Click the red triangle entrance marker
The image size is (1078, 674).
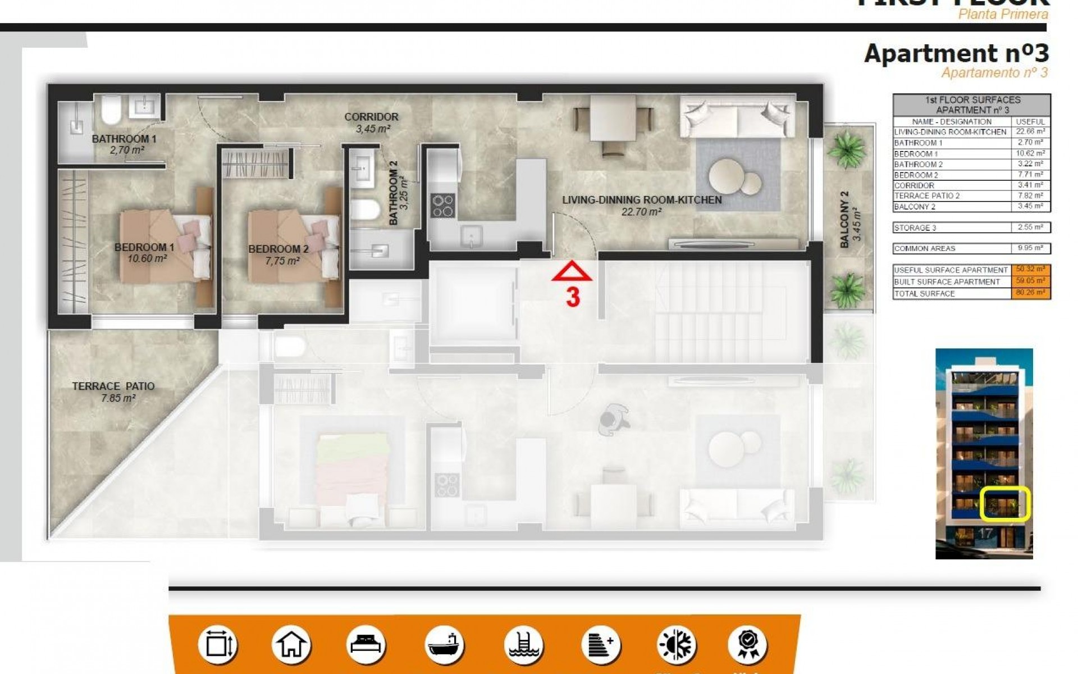(x=572, y=272)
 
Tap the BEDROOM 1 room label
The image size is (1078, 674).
(x=144, y=247)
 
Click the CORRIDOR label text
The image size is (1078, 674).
(x=371, y=117)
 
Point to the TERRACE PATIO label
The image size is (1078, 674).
(x=113, y=386)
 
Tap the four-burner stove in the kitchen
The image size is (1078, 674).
(x=442, y=206)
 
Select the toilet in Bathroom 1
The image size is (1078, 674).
(x=111, y=110)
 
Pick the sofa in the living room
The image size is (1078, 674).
(x=737, y=116)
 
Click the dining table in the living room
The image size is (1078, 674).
(x=613, y=119)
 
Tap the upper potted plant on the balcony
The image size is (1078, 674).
(x=846, y=149)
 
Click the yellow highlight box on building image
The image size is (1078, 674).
(x=1005, y=504)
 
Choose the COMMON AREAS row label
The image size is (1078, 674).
(x=952, y=248)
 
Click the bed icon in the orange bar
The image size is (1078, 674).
(x=366, y=644)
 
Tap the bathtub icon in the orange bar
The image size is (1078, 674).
(x=444, y=644)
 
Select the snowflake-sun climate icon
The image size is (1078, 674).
(x=676, y=644)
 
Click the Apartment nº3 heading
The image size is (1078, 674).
(x=956, y=53)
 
